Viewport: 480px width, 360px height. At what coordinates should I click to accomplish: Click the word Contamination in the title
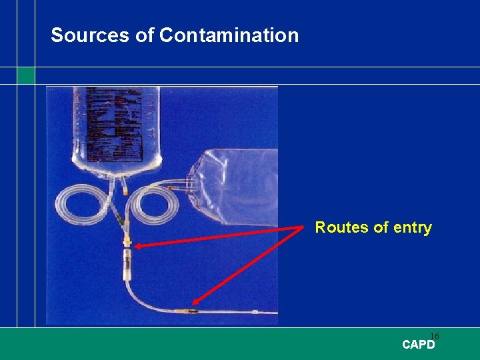tap(229, 35)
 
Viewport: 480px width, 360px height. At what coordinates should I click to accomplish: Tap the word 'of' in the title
tap(145, 35)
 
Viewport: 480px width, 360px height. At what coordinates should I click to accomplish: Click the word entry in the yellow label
tap(413, 228)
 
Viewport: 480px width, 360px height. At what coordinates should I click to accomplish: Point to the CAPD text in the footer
tap(419, 345)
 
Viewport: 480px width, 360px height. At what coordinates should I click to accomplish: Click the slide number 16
tap(434, 336)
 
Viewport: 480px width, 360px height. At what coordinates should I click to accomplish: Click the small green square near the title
tap(25, 75)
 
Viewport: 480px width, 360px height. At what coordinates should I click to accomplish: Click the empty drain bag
tap(240, 187)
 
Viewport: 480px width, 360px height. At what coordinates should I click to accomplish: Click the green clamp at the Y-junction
tap(121, 221)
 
